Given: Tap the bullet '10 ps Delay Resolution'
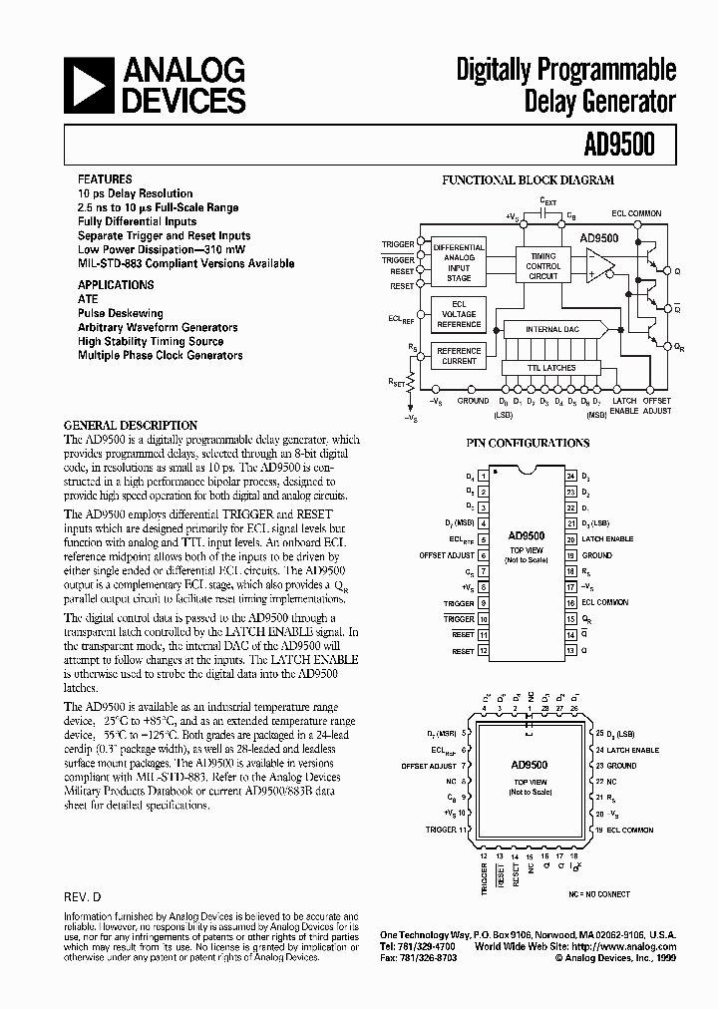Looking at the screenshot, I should tap(136, 193).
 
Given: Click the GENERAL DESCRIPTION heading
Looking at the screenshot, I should tap(131, 425).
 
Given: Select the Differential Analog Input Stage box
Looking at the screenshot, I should tap(459, 263).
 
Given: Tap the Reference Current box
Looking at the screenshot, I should tap(459, 356).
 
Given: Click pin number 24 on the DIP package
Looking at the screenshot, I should tap(571, 476).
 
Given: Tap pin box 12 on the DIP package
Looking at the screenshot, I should tap(484, 651).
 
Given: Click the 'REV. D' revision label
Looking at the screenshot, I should tap(83, 897).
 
